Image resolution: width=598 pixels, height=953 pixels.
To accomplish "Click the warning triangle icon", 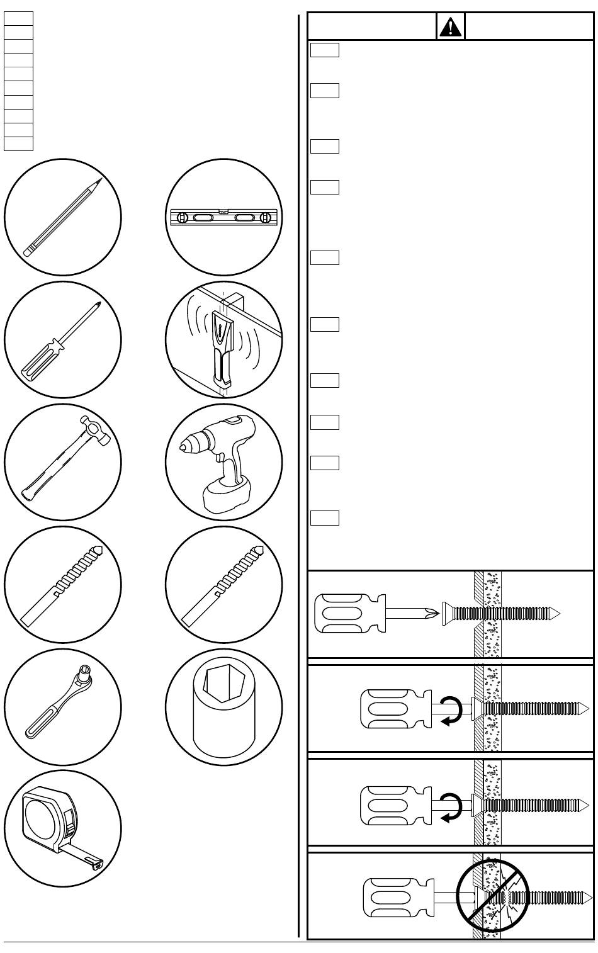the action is tap(450, 26).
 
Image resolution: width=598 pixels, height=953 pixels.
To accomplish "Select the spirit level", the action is tap(223, 218).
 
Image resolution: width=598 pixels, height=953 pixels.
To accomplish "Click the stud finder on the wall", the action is tap(223, 349).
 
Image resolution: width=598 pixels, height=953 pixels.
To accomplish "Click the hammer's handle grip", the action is tap(31, 488).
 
